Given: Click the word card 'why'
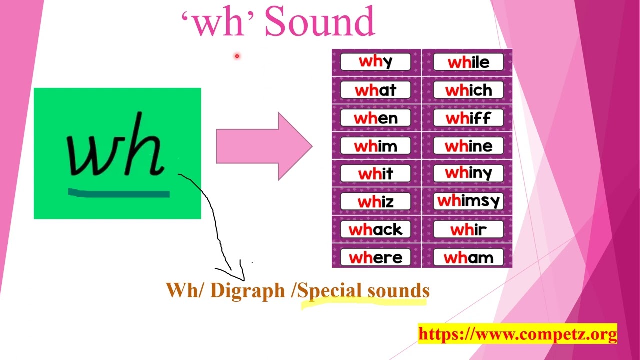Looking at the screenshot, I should pos(375,62).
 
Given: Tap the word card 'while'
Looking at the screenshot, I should pos(468,62).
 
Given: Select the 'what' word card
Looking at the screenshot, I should pos(375,90).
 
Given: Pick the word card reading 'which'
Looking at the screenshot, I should pos(468,90).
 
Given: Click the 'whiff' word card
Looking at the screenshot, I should pos(468,118).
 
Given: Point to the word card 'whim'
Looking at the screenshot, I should pos(375,146).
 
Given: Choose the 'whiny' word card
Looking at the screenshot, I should pos(468,173).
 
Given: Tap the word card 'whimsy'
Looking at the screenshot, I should pos(468,201).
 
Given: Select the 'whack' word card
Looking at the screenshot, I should pos(375,230).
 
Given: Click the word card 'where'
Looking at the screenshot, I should pos(375,258).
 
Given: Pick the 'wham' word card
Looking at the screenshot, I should pos(468,258).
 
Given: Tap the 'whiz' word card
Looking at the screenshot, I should pos(375,202).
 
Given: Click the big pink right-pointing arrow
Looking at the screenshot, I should pos(264,146).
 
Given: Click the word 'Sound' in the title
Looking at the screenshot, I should pos(319,22).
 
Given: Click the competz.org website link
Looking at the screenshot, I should pos(517,334).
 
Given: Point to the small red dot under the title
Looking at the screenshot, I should pos(237,56).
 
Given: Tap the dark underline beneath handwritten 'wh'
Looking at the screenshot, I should pos(119,193).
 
